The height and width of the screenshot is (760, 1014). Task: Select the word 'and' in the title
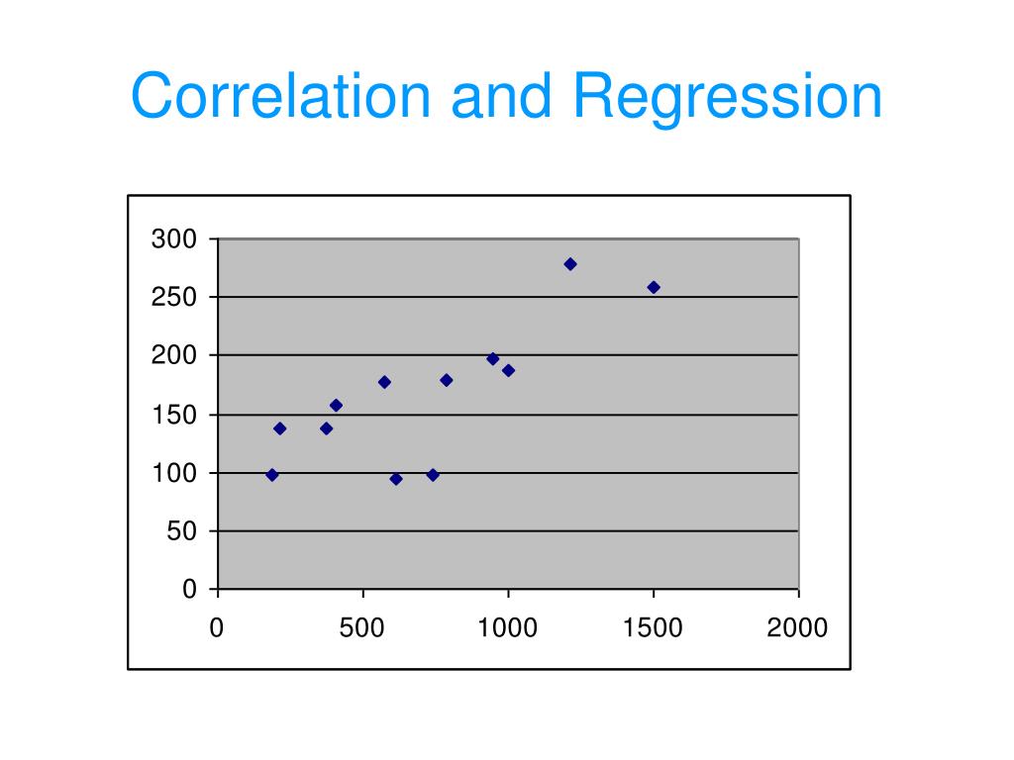coord(501,97)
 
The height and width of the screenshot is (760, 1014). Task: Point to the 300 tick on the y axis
coord(174,239)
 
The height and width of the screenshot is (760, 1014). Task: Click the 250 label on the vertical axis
coord(174,298)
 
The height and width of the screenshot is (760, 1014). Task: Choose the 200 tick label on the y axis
coord(174,356)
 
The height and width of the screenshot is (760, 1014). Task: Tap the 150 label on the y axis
coord(174,415)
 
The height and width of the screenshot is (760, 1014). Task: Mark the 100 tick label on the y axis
coord(174,473)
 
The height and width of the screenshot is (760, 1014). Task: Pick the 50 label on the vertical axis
coord(181,531)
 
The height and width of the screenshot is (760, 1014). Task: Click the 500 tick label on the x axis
coord(363,628)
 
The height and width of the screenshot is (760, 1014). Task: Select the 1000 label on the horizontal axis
coord(508,628)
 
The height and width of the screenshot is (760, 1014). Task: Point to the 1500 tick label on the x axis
coord(653,628)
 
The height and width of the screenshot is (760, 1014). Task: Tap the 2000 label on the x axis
coord(797,628)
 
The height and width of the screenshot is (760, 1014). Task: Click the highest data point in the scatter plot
coord(570,264)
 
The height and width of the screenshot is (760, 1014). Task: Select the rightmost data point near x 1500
coord(654,287)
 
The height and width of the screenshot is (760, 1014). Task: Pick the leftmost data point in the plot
coord(272,475)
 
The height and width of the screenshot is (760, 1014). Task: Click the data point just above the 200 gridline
coord(493,358)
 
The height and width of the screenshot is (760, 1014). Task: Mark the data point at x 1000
coord(508,370)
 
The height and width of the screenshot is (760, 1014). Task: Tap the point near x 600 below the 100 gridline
coord(396,479)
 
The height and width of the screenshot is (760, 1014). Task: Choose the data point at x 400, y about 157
coord(336,405)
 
